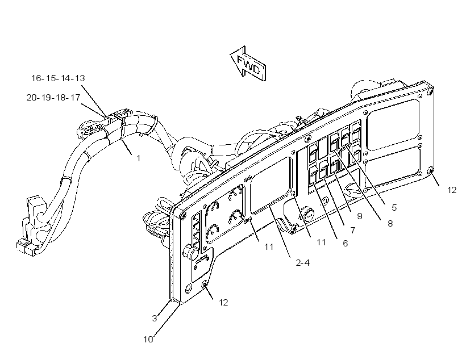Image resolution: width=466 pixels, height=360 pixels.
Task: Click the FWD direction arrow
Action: pyautogui.click(x=248, y=64)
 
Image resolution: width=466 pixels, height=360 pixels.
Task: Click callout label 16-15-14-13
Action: pyautogui.click(x=58, y=78)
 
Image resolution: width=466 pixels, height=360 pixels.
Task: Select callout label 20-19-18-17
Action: pyautogui.click(x=53, y=98)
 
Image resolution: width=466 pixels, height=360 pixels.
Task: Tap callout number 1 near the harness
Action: pyautogui.click(x=138, y=158)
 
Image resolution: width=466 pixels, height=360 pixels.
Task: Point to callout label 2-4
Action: pyautogui.click(x=303, y=262)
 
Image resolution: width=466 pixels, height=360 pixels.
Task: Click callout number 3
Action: pyautogui.click(x=155, y=318)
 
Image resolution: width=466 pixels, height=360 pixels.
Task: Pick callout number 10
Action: pyautogui.click(x=148, y=339)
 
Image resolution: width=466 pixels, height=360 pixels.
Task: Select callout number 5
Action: pyautogui.click(x=394, y=208)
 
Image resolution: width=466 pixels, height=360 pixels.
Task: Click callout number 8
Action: pyautogui.click(x=390, y=223)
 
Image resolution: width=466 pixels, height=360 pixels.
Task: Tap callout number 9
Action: pyautogui.click(x=360, y=216)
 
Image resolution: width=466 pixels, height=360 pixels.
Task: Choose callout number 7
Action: pyautogui.click(x=353, y=230)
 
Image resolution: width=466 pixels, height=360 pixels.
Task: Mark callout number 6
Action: pyautogui.click(x=346, y=243)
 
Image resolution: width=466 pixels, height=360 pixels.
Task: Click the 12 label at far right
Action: pyautogui.click(x=452, y=190)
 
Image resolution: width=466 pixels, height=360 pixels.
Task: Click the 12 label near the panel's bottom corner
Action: pyautogui.click(x=223, y=303)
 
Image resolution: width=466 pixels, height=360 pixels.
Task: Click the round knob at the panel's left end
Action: pyautogui.click(x=191, y=252)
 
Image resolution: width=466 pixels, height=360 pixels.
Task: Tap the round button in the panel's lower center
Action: pyautogui.click(x=309, y=215)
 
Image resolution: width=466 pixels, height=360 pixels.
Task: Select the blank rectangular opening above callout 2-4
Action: pyautogui.click(x=271, y=185)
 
